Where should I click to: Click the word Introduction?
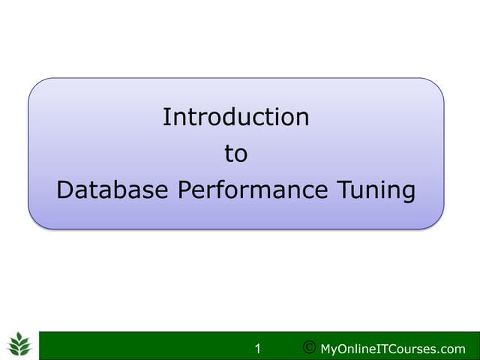tap(235, 117)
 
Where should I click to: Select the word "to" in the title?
tap(235, 154)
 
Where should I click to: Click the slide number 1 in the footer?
tap(258, 349)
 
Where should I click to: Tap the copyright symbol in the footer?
tap(308, 348)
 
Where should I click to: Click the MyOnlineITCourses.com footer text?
tap(392, 349)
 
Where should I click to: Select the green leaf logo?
tap(19, 346)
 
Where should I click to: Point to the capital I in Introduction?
tap(166, 117)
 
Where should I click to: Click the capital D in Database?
tap(65, 190)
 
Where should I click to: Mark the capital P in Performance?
tap(184, 190)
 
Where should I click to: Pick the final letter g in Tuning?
tap(407, 193)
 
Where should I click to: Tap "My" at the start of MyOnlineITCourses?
tap(328, 349)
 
